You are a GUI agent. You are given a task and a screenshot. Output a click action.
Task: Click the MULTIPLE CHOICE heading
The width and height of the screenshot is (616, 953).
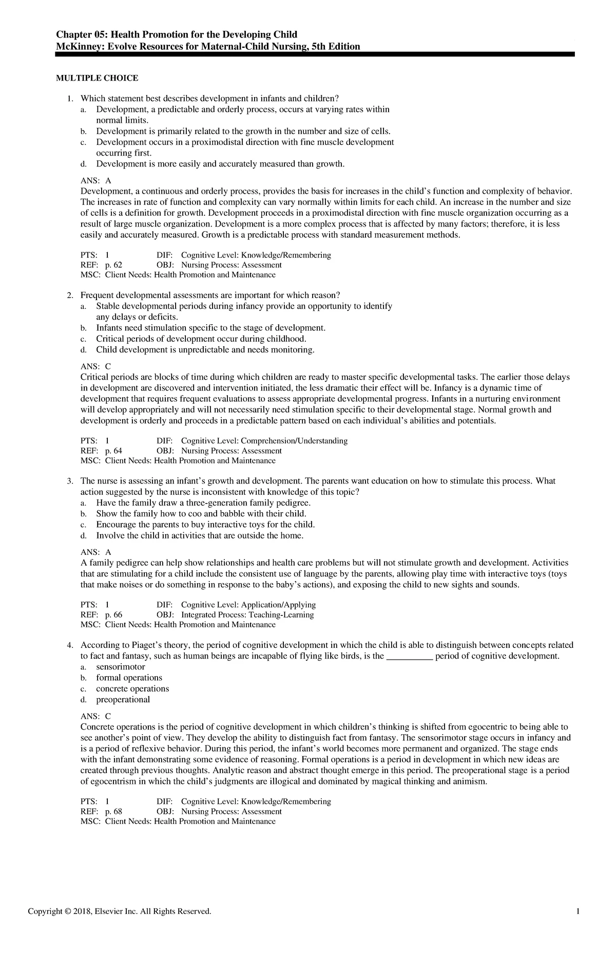point(97,78)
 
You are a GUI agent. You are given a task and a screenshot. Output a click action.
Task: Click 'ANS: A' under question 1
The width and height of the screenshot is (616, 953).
point(95,181)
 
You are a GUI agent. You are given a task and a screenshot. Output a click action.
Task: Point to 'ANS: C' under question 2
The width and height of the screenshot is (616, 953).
point(95,366)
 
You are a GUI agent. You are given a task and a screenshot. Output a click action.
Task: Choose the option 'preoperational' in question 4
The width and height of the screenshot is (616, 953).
point(123,699)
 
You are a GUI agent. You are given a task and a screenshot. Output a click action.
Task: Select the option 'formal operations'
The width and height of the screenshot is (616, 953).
point(129,678)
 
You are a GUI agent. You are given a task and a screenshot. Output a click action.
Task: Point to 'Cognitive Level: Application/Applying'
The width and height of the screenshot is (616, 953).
point(248,605)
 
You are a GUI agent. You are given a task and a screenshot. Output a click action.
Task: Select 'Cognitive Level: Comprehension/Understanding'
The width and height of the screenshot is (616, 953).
point(264,441)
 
